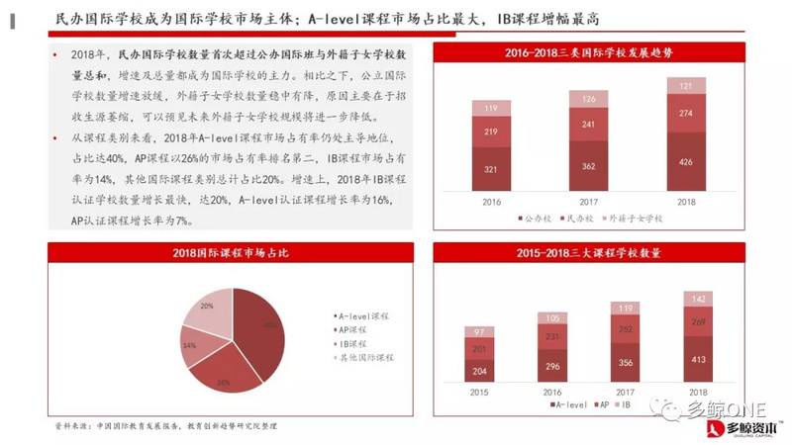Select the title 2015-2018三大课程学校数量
coord(588,254)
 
